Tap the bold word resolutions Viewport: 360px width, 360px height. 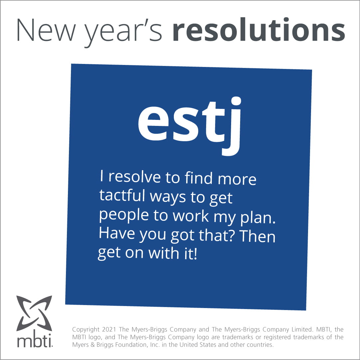[x=258, y=31]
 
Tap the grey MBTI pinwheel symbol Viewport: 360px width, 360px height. [x=34, y=313]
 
